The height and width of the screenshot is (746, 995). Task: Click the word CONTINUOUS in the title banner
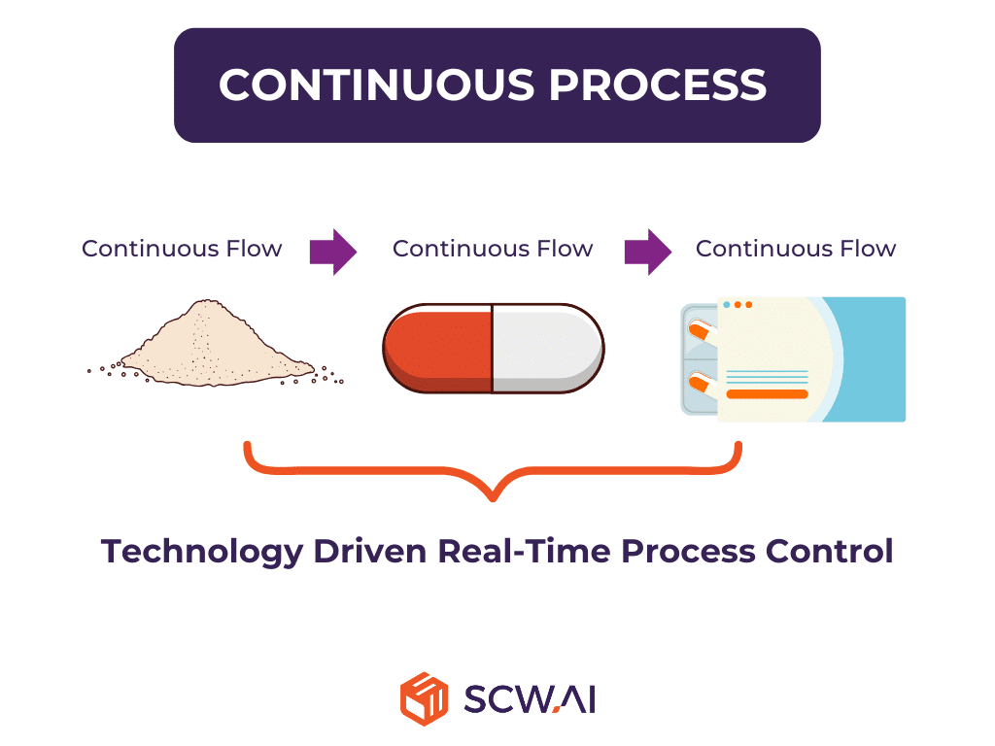(x=374, y=85)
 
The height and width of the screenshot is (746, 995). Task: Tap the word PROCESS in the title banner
(x=659, y=85)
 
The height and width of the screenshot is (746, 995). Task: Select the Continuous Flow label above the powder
(x=182, y=249)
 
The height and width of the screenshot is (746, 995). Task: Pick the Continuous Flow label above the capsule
(x=493, y=249)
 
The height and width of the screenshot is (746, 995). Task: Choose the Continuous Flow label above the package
(x=796, y=249)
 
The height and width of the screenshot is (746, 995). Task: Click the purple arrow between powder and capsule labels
(x=332, y=251)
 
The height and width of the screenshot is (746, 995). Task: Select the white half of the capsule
(x=546, y=348)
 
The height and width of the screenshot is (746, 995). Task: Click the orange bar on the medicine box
(x=768, y=394)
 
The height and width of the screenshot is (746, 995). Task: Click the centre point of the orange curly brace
(x=494, y=493)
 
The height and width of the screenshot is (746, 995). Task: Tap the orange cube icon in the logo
(x=424, y=698)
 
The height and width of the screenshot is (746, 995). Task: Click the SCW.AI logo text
(x=530, y=698)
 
